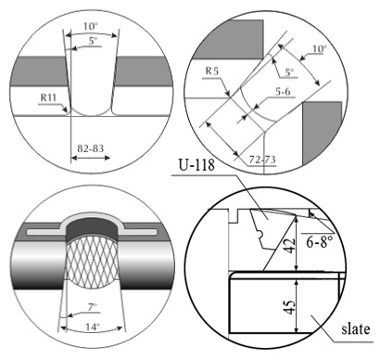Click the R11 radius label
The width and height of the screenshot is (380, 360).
coord(49,98)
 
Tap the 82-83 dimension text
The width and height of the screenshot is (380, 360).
coord(90,148)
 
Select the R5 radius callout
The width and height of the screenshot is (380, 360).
coord(212,71)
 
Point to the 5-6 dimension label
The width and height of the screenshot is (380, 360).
coord(283,92)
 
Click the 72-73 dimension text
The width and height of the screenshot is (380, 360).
coord(262,160)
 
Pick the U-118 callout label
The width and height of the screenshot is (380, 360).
coord(196,164)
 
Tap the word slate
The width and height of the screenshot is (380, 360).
coord(356,328)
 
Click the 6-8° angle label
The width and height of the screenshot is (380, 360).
coord(320,241)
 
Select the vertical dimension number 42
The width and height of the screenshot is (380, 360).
coord(289,245)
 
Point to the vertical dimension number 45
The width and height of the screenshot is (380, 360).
coord(289,306)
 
